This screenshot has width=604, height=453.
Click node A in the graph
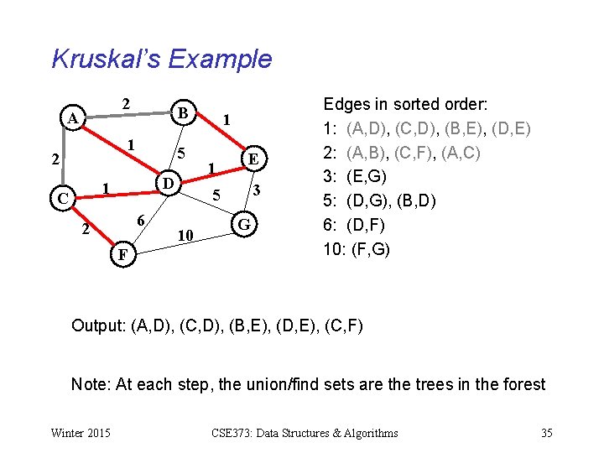[74, 118]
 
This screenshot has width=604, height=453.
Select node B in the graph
[183, 112]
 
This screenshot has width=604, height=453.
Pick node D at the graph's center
[168, 183]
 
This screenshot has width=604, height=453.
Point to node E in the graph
[253, 159]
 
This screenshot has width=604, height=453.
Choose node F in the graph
[123, 253]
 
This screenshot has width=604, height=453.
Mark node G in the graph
[244, 225]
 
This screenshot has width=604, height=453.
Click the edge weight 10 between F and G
[187, 237]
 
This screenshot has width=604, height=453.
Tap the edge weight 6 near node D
[142, 219]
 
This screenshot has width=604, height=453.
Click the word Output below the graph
[98, 325]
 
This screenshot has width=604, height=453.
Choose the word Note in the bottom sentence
[89, 384]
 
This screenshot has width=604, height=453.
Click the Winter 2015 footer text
[80, 433]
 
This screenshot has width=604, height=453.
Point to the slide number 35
[546, 433]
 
